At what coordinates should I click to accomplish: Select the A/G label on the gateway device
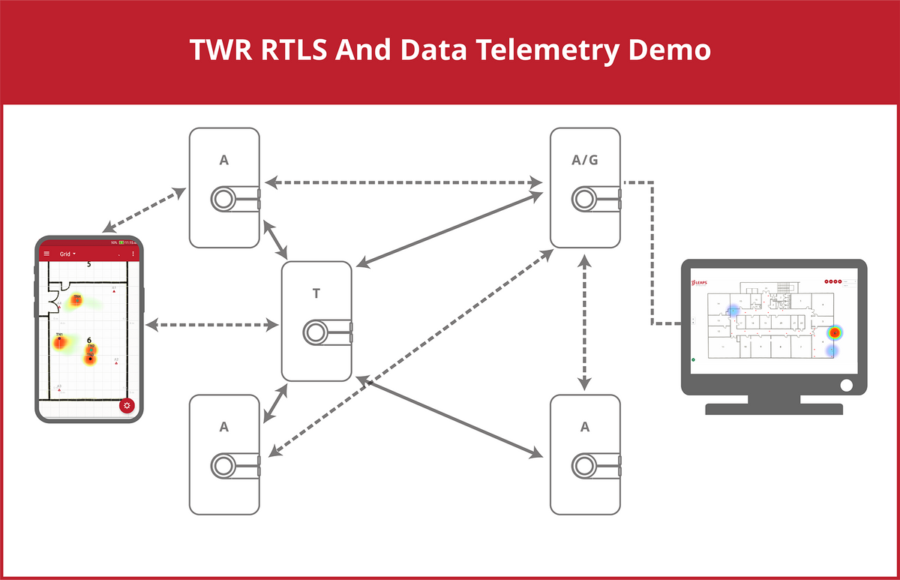point(585,160)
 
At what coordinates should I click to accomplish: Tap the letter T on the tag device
point(316,293)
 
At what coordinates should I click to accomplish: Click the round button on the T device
point(316,332)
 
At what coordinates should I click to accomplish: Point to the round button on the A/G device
point(585,199)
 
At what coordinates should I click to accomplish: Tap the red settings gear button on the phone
point(127,406)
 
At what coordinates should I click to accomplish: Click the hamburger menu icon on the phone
point(47,254)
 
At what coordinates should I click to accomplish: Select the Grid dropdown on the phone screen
point(68,254)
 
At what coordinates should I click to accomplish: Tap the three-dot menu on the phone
point(133,254)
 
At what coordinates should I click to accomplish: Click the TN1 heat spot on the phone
point(60,342)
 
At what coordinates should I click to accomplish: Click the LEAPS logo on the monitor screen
point(700,284)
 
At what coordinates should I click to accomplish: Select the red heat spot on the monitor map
point(834,332)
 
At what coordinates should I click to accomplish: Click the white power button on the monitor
point(847,385)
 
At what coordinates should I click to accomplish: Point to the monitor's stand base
point(774,409)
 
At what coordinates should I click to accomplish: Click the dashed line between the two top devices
point(405,182)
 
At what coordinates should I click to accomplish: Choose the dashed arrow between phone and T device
point(213,325)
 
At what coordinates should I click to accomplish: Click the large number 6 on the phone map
point(89,341)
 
